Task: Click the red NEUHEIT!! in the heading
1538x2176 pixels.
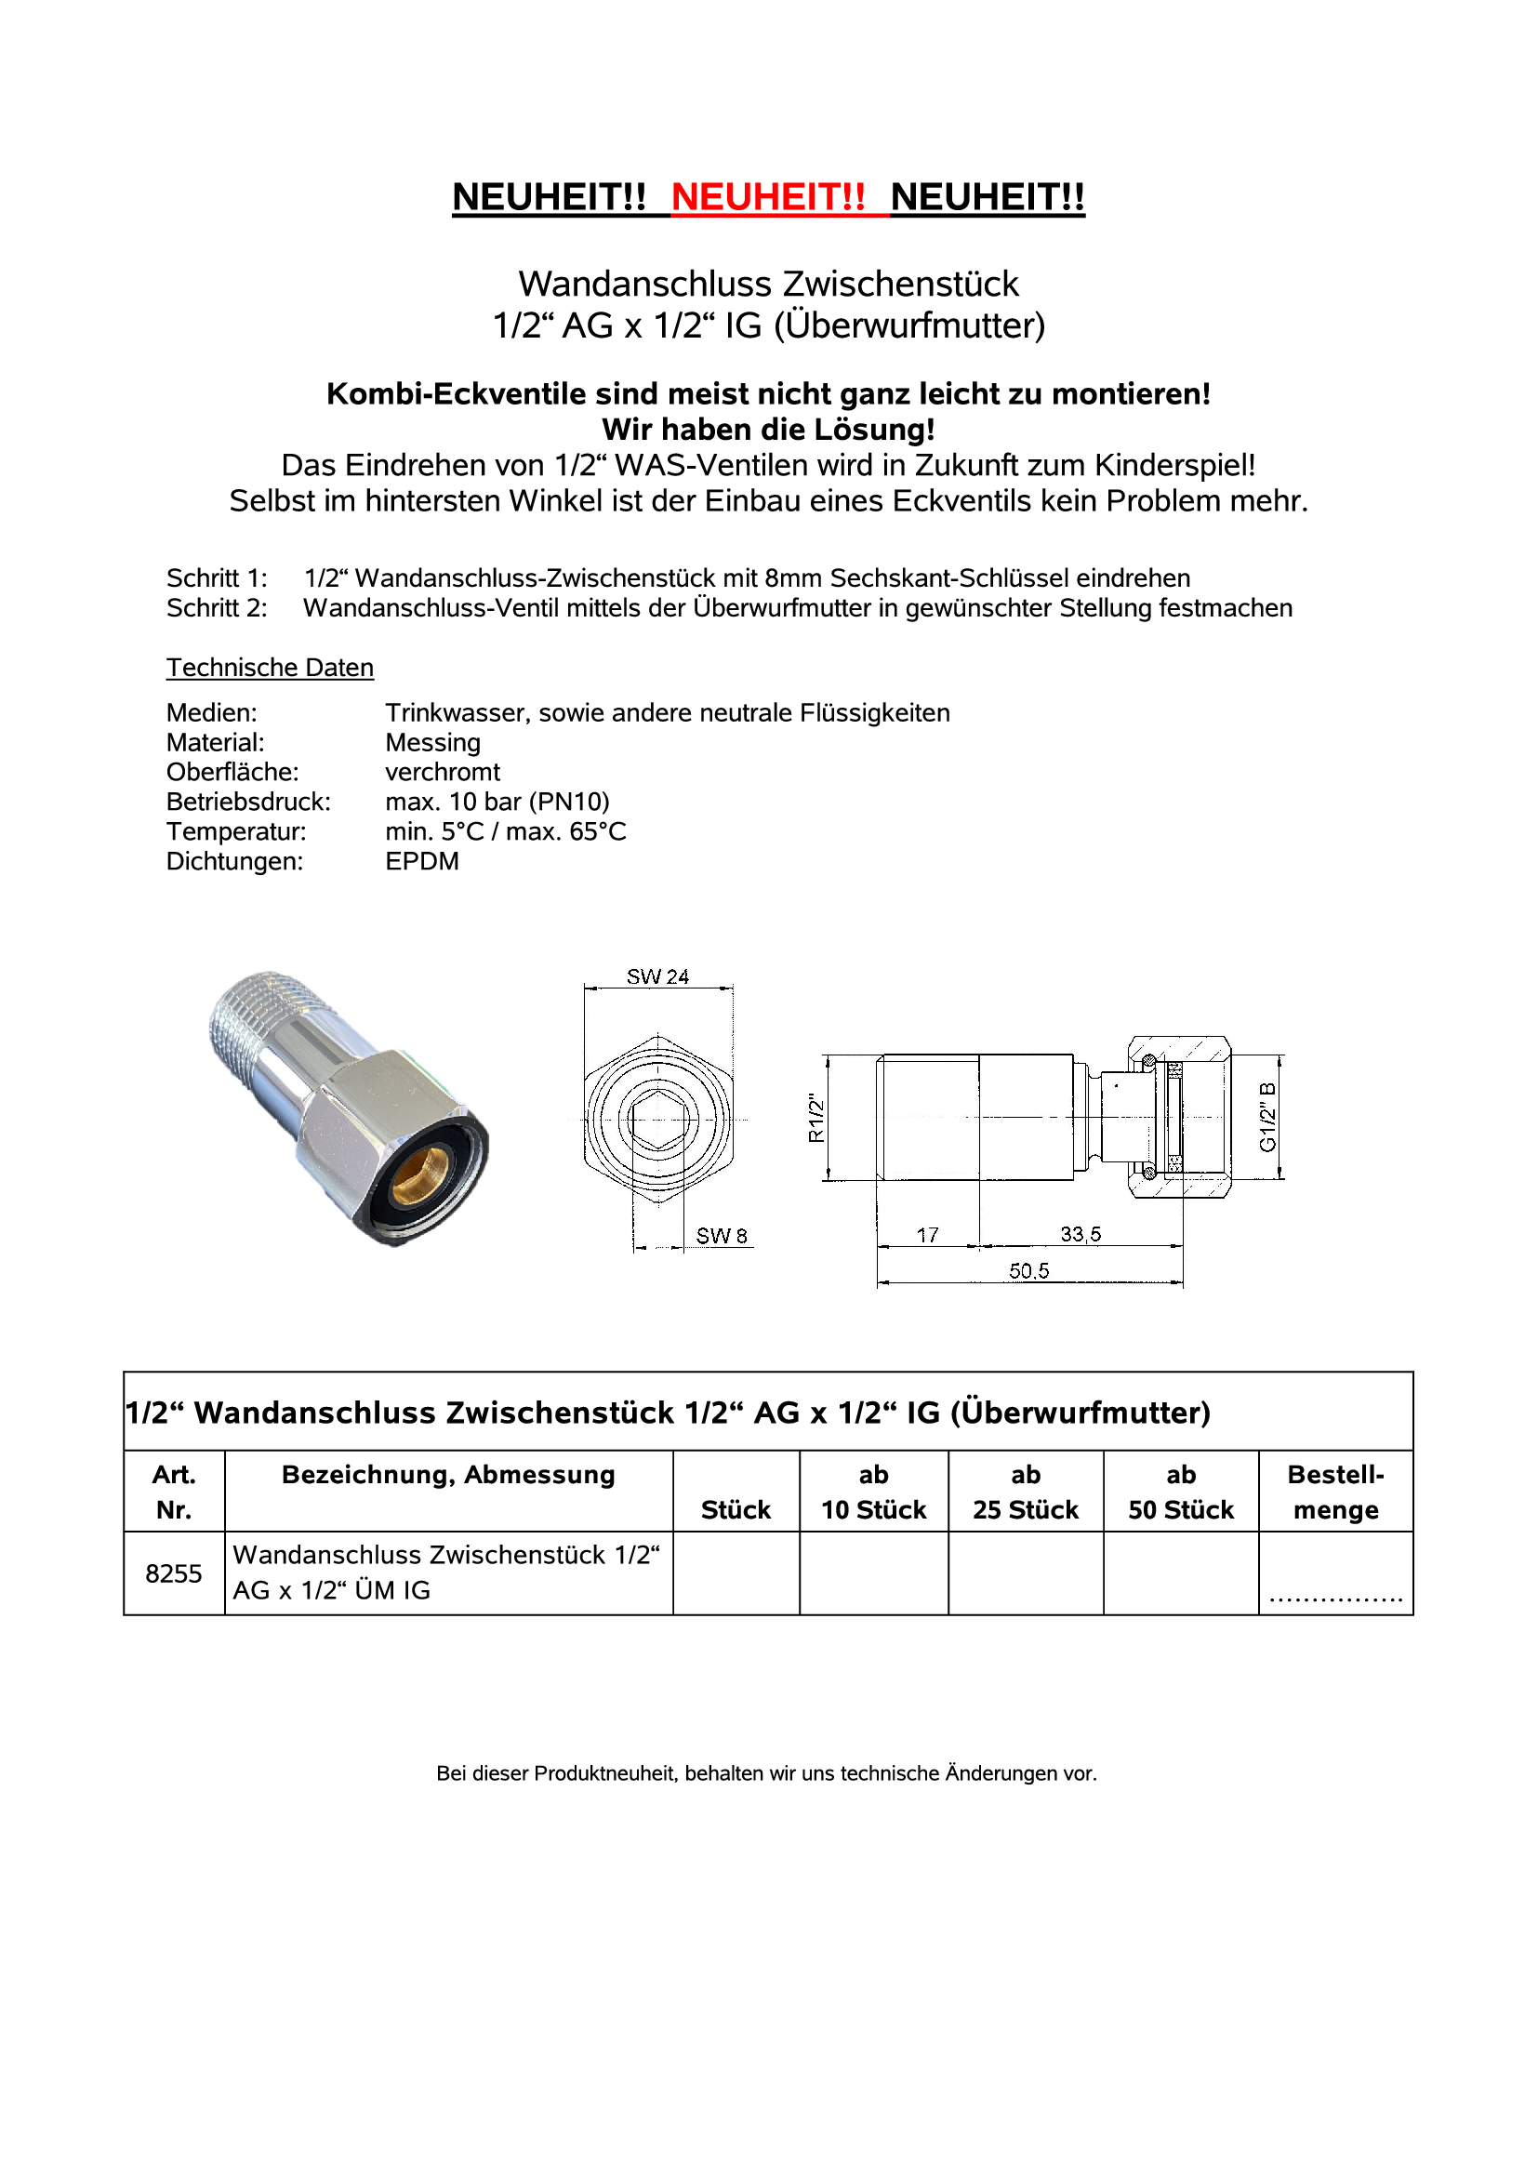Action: (x=767, y=197)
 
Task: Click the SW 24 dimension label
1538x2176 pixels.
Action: (x=657, y=976)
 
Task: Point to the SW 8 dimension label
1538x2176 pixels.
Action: (x=722, y=1236)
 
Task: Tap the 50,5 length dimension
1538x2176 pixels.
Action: (x=1028, y=1271)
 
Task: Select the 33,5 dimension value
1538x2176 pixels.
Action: (x=1081, y=1234)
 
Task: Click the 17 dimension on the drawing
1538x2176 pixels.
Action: (x=927, y=1235)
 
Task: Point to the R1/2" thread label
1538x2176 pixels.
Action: (x=815, y=1119)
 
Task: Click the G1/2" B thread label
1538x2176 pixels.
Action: (x=1268, y=1119)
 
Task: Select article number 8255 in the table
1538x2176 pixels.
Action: (x=173, y=1573)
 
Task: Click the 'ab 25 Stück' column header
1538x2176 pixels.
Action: (x=1026, y=1492)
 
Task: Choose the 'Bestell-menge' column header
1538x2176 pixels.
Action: (x=1335, y=1492)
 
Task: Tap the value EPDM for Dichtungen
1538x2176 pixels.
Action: (x=421, y=861)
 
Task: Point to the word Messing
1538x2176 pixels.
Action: (x=433, y=742)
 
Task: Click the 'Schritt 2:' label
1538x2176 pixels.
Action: (x=217, y=608)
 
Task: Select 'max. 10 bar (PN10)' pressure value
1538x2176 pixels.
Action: (x=497, y=802)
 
